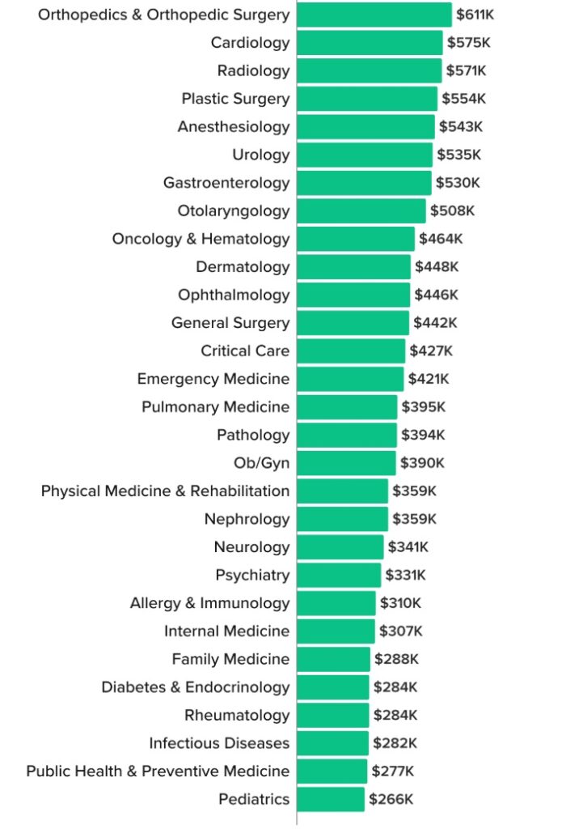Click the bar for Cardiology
pos(370,43)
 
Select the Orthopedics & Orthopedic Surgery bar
pos(374,15)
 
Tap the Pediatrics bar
pos(331,799)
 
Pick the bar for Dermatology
pos(353,267)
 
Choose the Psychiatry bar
pos(339,575)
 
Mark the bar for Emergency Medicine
pos(350,379)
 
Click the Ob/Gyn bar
pos(346,463)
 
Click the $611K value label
pos(475,15)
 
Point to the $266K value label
pos(391,799)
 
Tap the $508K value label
pos(452,210)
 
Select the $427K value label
pos(431,351)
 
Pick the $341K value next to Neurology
pos(408,547)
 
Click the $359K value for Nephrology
pos(414,519)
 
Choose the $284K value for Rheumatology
pos(395,715)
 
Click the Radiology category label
pos(253,70)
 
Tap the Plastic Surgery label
pos(235,99)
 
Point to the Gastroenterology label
pos(226,183)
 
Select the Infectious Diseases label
pos(219,743)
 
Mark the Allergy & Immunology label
pos(209,603)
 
